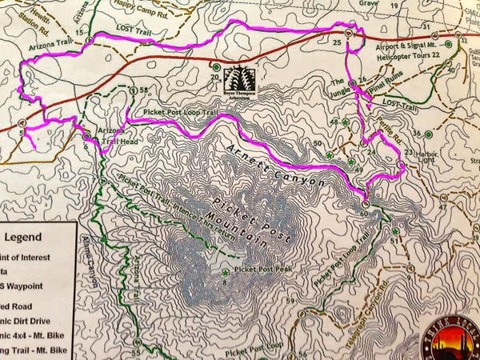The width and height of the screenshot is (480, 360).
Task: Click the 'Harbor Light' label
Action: click(x=430, y=158)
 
